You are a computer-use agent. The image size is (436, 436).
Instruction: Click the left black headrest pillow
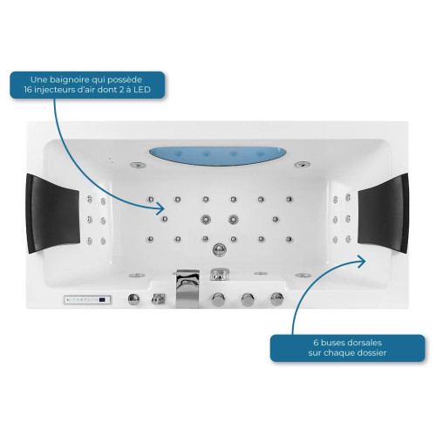[x=52, y=213]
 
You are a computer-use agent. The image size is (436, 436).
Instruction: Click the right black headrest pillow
[x=383, y=213]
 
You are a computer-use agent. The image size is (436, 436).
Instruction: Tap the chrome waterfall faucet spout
[x=187, y=288]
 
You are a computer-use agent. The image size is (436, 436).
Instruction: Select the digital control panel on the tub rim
[x=87, y=300]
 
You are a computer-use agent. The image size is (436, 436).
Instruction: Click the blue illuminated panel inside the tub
[x=218, y=156]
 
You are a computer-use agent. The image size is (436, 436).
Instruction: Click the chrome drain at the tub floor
[x=220, y=249]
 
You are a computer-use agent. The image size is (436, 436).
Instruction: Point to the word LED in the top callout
[x=142, y=89]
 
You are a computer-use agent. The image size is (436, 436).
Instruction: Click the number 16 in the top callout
[x=28, y=89]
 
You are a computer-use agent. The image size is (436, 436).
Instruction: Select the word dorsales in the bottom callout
[x=366, y=343]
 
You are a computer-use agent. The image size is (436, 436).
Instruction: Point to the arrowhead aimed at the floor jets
[x=160, y=208]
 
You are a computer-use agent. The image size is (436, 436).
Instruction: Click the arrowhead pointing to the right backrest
[x=362, y=261]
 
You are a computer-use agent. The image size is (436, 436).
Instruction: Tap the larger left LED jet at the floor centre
[x=206, y=219]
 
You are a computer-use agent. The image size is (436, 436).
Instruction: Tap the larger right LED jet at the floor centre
[x=233, y=219]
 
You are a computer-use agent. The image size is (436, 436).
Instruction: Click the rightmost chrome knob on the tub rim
[x=277, y=298]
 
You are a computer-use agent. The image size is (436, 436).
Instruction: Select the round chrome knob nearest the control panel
[x=133, y=299]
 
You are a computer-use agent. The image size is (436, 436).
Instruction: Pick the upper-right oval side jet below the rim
[x=302, y=165]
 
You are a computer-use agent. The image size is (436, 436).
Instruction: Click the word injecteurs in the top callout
[x=56, y=89]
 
